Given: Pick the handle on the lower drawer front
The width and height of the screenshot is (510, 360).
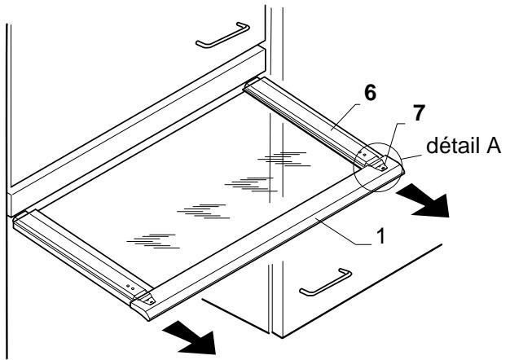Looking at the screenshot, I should pos(323,282).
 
